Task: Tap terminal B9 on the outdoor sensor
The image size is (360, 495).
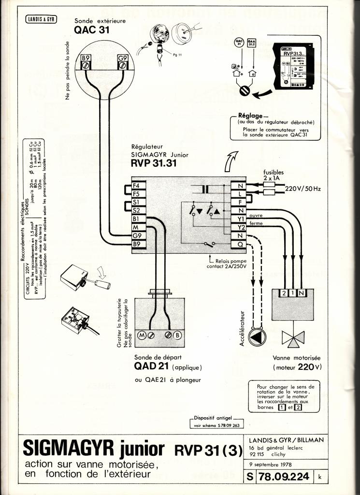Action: pyautogui.click(x=87, y=58)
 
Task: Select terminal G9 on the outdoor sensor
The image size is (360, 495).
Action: pyautogui.click(x=123, y=58)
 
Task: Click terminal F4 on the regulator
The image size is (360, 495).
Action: pyautogui.click(x=136, y=186)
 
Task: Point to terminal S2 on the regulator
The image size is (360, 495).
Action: pyautogui.click(x=136, y=211)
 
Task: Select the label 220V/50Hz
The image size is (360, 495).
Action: pyautogui.click(x=302, y=189)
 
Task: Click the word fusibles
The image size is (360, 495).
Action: pyautogui.click(x=274, y=172)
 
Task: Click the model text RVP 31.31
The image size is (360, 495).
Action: pyautogui.click(x=154, y=163)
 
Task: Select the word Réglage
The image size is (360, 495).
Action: pyautogui.click(x=250, y=116)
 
